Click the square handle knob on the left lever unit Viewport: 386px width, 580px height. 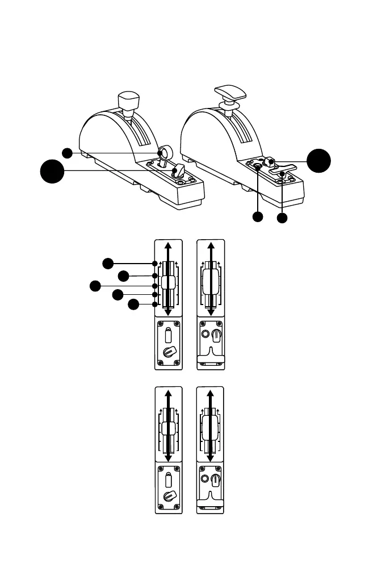(x=128, y=101)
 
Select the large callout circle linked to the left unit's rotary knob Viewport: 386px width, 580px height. (x=52, y=171)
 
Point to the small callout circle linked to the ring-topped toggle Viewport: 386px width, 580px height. (x=68, y=153)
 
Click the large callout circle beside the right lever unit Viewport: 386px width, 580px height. (x=318, y=161)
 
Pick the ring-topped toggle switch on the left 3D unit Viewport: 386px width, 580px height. (x=166, y=152)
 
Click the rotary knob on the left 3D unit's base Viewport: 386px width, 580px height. (x=180, y=169)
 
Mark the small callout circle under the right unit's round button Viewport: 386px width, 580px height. (x=258, y=216)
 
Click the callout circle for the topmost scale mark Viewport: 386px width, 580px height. (x=108, y=263)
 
